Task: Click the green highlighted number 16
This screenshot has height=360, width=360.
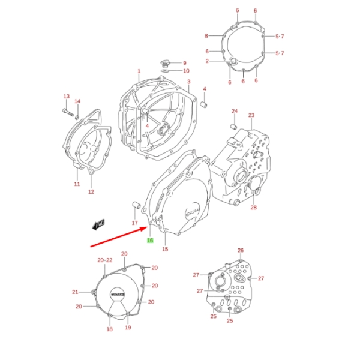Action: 150,241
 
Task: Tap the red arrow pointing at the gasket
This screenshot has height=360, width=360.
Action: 119,237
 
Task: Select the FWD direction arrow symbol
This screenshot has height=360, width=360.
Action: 98,224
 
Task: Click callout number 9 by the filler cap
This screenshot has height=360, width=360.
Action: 185,63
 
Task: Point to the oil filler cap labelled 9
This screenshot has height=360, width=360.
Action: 164,64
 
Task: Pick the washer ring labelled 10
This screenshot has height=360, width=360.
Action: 165,71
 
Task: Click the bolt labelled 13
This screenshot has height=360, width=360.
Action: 68,112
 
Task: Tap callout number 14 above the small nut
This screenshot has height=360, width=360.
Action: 77,101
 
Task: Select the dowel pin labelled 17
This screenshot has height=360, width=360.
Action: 136,205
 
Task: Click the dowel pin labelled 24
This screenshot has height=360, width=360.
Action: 234,127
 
